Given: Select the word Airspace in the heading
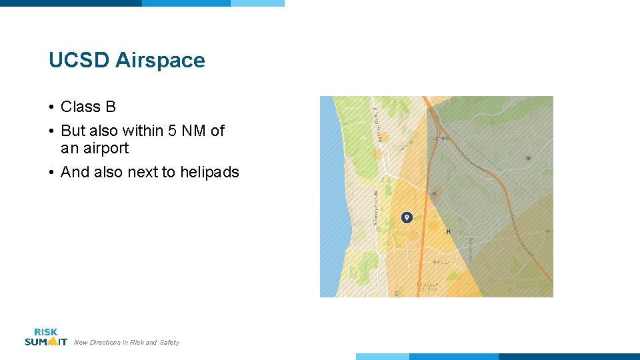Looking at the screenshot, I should click(x=160, y=61).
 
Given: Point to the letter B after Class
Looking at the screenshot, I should click(x=110, y=107).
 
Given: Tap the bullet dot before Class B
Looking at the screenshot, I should click(x=51, y=107).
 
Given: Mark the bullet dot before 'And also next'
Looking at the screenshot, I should click(x=51, y=173).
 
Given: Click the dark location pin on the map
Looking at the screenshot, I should click(x=407, y=217).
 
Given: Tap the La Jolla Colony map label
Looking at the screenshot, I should click(x=427, y=287).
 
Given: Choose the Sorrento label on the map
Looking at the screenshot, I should click(x=442, y=138).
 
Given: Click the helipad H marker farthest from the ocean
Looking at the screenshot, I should click(x=528, y=158).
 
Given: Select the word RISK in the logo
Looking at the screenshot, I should click(x=46, y=332).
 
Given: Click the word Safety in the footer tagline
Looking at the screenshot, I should click(x=169, y=343).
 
